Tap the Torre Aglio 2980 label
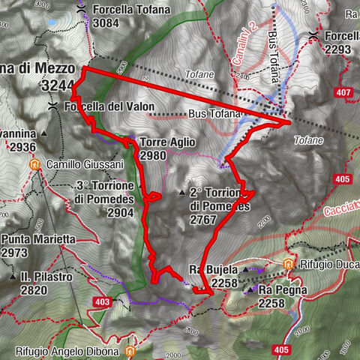[x=166, y=148]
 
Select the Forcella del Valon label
[x=109, y=107]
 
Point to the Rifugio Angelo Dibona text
[x=67, y=351]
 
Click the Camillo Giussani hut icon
[x=34, y=164]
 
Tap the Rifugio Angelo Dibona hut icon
[x=131, y=351]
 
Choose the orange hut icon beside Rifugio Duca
[x=289, y=264]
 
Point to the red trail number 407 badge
[x=344, y=93]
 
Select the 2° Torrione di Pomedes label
[x=217, y=205]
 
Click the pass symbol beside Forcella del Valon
[x=52, y=107]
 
